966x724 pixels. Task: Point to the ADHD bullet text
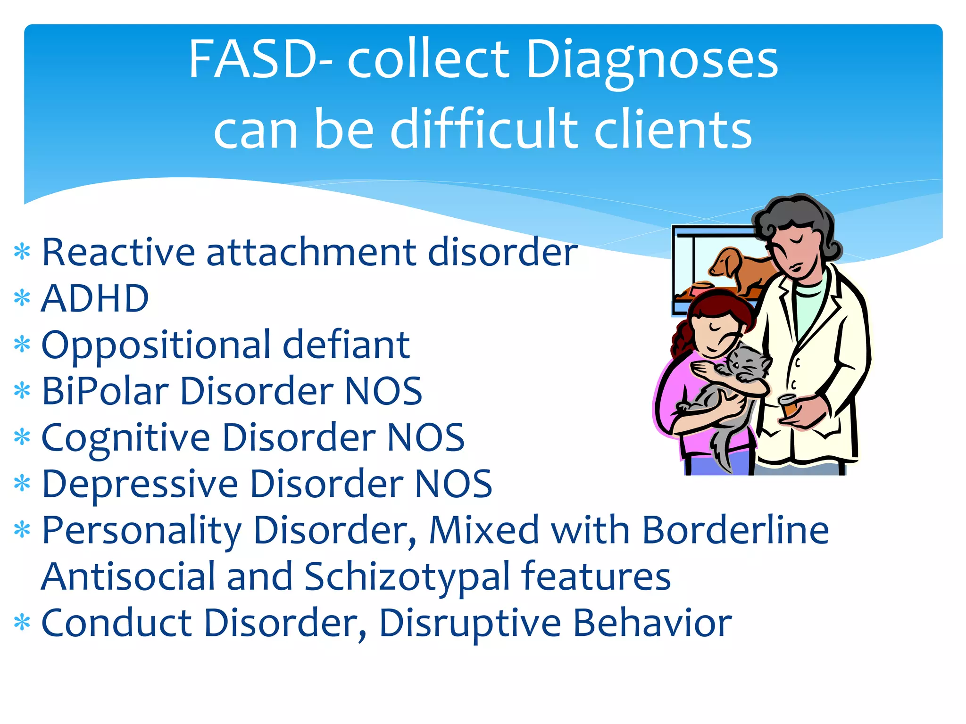click(x=95, y=298)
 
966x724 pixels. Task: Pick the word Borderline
click(x=735, y=530)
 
